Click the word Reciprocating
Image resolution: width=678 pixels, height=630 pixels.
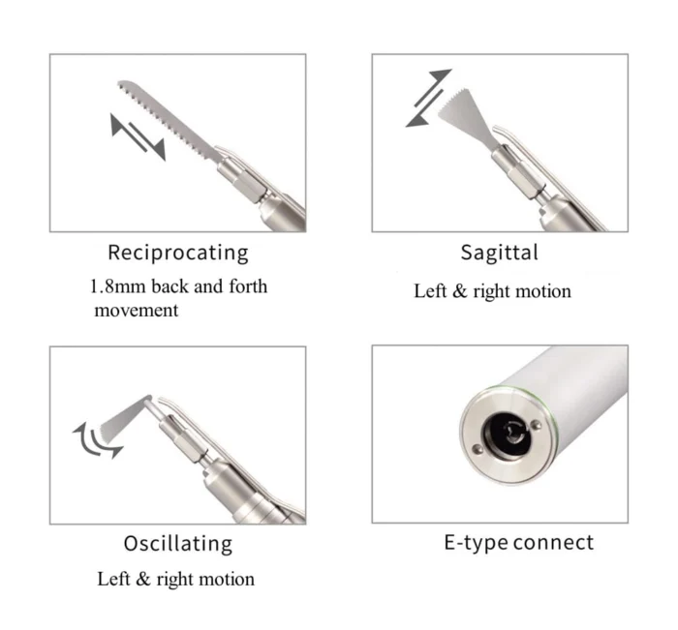[x=177, y=253]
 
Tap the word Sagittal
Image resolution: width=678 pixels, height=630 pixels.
[x=500, y=253]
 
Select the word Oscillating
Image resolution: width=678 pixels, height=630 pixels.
[x=177, y=544]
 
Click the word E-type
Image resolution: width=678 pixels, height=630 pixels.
[x=476, y=543]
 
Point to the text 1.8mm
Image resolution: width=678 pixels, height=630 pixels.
[x=117, y=286]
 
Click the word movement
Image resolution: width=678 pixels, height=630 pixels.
[x=137, y=311]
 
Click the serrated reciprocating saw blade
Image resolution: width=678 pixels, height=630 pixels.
[x=169, y=119]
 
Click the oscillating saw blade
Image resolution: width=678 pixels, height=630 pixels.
[x=125, y=418]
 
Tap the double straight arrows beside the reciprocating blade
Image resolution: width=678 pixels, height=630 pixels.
[x=138, y=137]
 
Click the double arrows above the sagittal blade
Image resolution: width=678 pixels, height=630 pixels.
[x=428, y=98]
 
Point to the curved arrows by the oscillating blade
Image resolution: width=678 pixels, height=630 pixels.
[x=96, y=440]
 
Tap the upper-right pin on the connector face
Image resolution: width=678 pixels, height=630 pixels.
[x=537, y=425]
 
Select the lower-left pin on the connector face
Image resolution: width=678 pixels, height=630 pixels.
[x=478, y=449]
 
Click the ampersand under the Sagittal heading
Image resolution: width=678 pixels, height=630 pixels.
[x=460, y=291]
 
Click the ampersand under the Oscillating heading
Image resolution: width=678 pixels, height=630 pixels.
[x=143, y=579]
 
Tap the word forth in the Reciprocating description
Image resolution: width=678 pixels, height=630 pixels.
[x=248, y=286]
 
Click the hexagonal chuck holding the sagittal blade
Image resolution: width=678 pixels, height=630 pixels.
[x=516, y=171]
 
